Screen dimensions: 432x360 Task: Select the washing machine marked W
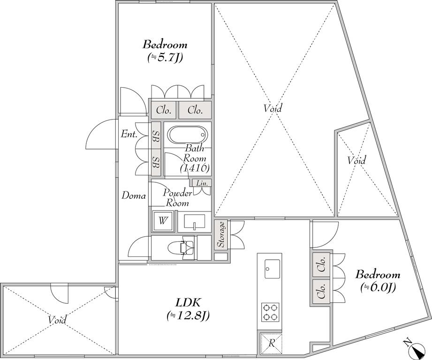tap(163, 221)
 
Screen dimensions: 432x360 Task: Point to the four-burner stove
tap(270, 312)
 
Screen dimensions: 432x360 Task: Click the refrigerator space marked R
tap(272, 343)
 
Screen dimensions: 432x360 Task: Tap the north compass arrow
tap(417, 350)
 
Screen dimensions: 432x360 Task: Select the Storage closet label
tap(221, 234)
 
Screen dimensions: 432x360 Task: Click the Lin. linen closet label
tap(202, 183)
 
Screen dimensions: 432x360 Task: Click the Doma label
tap(134, 196)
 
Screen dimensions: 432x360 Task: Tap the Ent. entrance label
tap(129, 135)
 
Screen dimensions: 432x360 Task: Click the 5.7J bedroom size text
tap(165, 57)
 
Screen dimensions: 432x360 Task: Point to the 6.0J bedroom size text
tap(378, 287)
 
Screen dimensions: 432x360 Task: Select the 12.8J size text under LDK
tap(188, 315)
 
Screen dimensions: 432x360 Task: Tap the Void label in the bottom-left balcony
tap(57, 320)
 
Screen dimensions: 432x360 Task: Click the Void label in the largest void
tap(273, 108)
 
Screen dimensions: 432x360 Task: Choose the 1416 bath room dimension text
tap(195, 168)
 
